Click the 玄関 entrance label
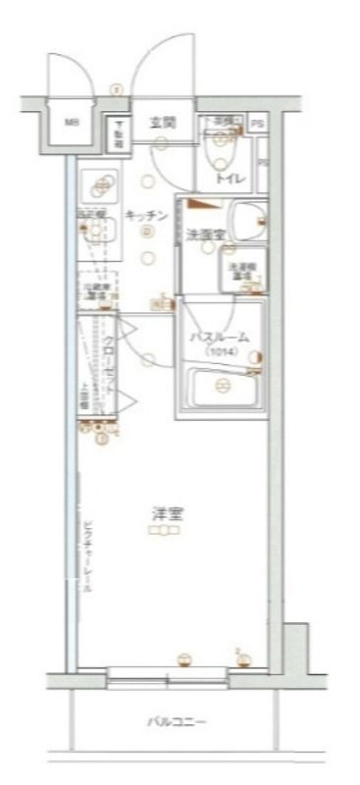pos(162,124)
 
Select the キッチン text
pos(144,216)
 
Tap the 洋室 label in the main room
pos(164,514)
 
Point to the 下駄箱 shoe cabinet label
pos(117,132)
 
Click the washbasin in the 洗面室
pos(245,217)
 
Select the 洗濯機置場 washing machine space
pos(238,271)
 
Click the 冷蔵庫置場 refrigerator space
pos(96,288)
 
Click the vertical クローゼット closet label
pos(109,365)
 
